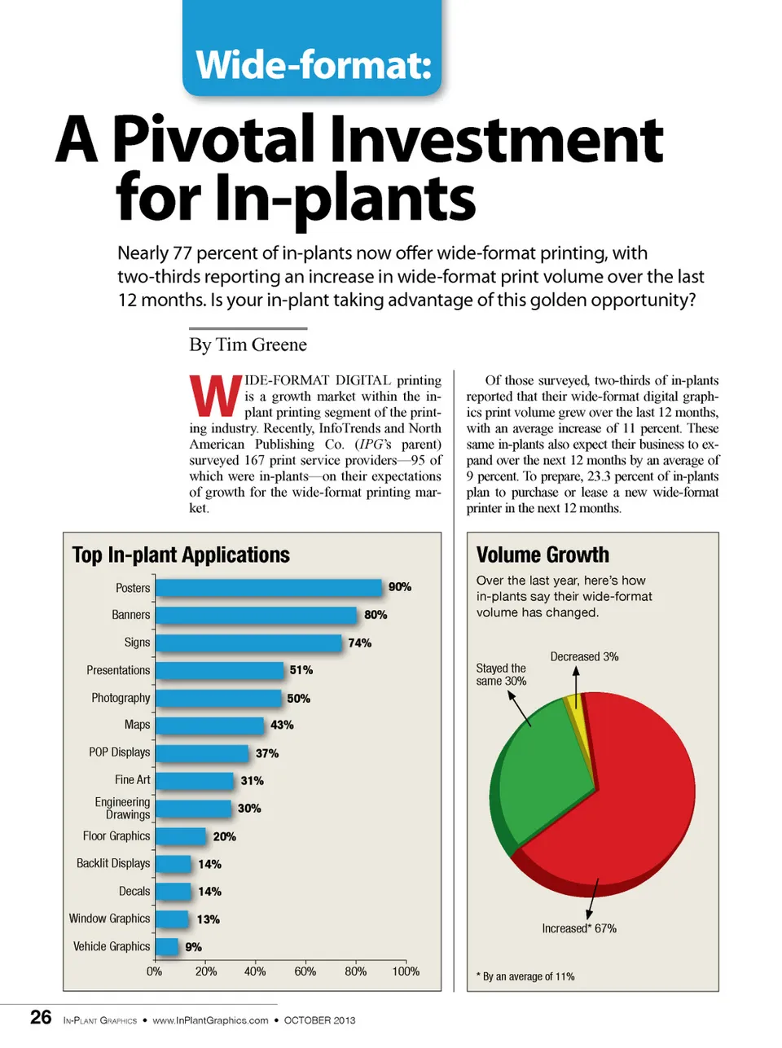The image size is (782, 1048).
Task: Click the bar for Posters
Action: [269, 588]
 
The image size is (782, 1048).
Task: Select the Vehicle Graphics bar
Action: [167, 946]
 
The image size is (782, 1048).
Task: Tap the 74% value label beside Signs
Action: [359, 642]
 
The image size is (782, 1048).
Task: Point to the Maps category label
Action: [137, 725]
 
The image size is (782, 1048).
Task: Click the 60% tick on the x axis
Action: [305, 971]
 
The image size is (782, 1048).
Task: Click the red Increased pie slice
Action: [627, 806]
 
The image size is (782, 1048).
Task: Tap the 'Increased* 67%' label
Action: [579, 928]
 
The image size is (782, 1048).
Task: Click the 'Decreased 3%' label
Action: [584, 656]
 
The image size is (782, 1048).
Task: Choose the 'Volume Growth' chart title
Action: [543, 555]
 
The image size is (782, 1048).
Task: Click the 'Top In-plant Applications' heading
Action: [181, 555]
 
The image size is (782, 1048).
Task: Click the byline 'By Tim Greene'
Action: [248, 344]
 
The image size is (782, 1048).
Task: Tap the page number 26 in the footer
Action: [41, 1018]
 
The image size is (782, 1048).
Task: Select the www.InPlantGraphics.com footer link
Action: [210, 1020]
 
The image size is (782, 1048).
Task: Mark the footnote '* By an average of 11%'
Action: [525, 976]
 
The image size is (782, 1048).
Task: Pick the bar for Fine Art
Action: [195, 780]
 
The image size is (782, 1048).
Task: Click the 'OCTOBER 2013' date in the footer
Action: [319, 1020]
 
